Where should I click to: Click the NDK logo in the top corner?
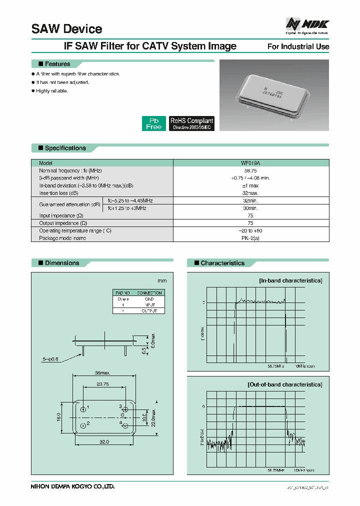click(307, 25)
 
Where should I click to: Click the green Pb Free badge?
click(153, 123)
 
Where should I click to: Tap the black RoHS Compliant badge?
click(191, 123)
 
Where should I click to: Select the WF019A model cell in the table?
click(250, 163)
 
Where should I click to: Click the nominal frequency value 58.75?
click(250, 170)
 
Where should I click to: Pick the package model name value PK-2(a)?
click(250, 238)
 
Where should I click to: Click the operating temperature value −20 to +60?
click(250, 230)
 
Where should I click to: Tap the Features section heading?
click(57, 64)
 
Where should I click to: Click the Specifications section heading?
click(65, 148)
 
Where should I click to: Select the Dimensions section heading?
click(61, 263)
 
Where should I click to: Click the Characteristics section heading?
click(222, 263)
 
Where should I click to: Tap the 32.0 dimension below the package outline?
click(104, 442)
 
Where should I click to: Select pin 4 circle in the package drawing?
click(125, 424)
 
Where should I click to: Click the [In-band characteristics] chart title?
click(290, 280)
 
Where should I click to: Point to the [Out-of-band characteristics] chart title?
click(284, 384)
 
